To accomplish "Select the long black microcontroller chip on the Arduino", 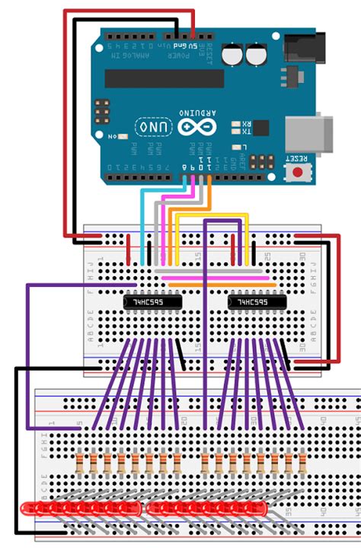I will (164, 78).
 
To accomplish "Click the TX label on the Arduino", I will (246, 132).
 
